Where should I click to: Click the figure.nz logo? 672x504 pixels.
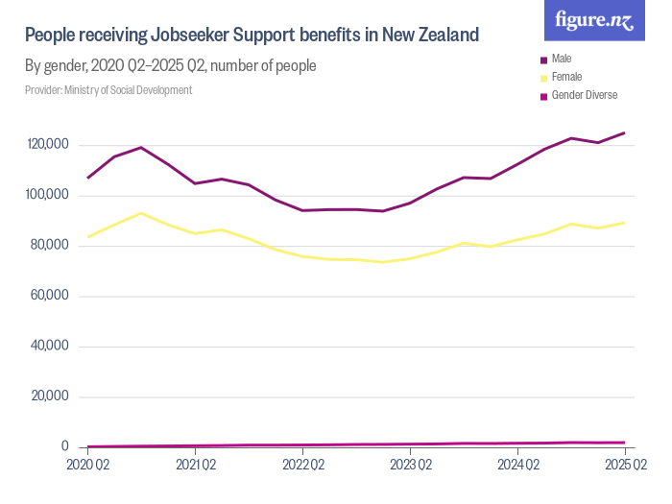594,21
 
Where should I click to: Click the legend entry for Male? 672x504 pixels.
562,60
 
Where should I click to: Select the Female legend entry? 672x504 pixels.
566,77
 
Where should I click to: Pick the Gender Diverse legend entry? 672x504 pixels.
584,95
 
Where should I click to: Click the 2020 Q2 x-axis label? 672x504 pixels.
87,466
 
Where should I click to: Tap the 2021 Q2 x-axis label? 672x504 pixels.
195,466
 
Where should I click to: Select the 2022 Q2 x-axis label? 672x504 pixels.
302,466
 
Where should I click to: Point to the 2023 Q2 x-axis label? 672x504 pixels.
410,466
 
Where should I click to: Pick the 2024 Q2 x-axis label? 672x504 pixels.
517,466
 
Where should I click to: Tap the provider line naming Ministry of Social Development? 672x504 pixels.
108,90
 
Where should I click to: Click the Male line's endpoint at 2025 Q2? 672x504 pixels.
625,132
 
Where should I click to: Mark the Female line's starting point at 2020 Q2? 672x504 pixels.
87,237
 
